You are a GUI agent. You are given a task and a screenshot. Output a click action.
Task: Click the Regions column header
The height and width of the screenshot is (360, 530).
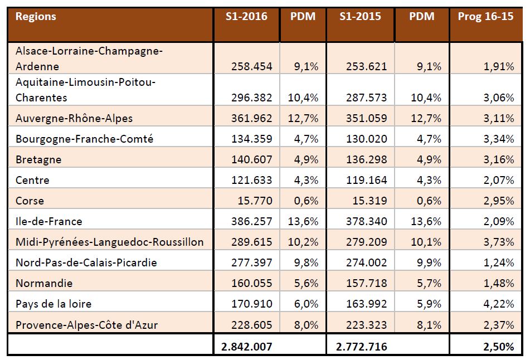(36, 16)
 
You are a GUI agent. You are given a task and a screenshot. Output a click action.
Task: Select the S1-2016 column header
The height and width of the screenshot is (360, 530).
(246, 16)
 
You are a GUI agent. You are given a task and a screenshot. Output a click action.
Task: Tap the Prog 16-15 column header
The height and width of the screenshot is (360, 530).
(485, 16)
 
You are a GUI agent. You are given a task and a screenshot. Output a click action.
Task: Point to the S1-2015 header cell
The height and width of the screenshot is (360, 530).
(360, 16)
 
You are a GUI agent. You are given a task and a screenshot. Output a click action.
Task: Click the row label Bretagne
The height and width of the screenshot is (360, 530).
(38, 159)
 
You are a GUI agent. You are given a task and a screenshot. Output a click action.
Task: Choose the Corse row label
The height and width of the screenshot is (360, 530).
(30, 201)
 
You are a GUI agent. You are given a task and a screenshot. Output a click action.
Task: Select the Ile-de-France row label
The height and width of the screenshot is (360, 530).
(49, 221)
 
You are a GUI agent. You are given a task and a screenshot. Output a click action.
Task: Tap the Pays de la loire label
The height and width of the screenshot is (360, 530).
(54, 304)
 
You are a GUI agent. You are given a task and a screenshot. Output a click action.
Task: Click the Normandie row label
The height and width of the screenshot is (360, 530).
(44, 283)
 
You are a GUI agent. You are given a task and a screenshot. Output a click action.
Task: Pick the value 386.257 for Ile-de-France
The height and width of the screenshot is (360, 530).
(252, 221)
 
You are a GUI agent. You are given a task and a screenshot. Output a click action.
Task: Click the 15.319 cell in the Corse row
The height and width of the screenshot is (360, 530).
(370, 201)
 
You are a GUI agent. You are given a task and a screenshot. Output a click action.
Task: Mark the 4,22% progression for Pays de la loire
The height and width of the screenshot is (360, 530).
(499, 304)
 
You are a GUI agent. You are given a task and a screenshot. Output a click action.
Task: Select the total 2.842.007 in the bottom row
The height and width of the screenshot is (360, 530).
(247, 347)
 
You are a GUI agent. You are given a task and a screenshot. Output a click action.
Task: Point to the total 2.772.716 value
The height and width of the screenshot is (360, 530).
(362, 347)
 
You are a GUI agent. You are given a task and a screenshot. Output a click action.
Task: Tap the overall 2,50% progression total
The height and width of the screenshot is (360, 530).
(499, 347)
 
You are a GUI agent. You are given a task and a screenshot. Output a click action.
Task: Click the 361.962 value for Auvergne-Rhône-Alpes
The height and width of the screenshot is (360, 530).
(252, 118)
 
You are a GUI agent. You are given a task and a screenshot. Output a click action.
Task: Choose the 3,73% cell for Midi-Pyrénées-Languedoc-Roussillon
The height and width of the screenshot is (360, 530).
(499, 242)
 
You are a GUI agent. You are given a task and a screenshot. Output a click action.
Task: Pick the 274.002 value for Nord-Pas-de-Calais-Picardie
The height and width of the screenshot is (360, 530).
(367, 262)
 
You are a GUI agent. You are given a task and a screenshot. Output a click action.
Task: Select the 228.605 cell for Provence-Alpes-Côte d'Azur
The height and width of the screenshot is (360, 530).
(252, 325)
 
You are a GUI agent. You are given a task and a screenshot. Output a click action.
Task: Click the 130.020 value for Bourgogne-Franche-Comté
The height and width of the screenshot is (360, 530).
(367, 139)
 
